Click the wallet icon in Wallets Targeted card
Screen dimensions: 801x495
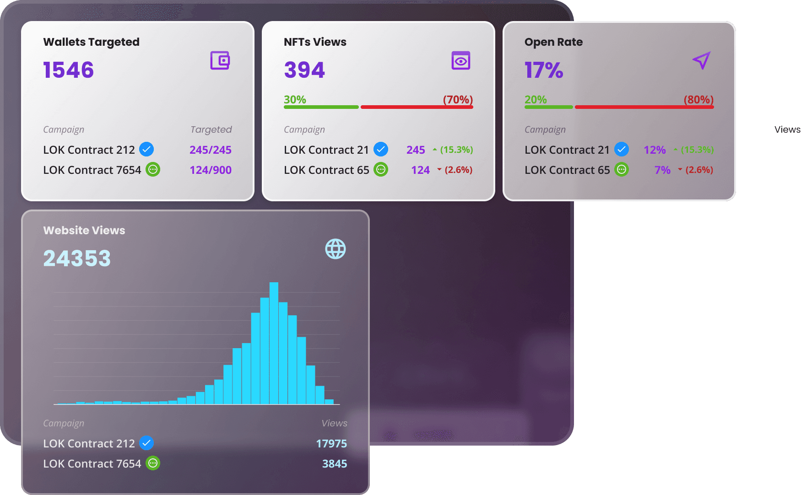coord(220,60)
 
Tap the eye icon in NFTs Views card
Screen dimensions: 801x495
coord(461,60)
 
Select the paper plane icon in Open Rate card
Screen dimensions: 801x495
coord(701,60)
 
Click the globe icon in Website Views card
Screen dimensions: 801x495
coord(336,249)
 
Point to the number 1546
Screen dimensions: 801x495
coord(69,70)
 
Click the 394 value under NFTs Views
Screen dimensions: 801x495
coord(304,70)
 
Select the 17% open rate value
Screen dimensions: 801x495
coord(544,70)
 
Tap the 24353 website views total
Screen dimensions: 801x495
coord(77,258)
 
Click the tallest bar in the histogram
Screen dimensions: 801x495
coord(274,343)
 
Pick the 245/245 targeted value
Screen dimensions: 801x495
coord(211,150)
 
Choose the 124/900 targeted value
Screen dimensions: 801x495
coord(211,170)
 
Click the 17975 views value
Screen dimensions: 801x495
coord(331,444)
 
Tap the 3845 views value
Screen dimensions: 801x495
coord(335,464)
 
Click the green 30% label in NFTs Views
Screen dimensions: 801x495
coord(295,99)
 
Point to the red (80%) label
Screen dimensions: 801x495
coord(698,99)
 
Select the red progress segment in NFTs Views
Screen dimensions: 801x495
coord(417,107)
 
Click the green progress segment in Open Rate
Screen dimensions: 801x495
coord(549,107)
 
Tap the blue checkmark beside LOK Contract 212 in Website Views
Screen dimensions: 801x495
coord(146,443)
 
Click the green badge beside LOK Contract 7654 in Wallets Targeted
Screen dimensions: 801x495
coord(153,169)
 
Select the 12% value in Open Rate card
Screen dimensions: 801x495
coord(655,150)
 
